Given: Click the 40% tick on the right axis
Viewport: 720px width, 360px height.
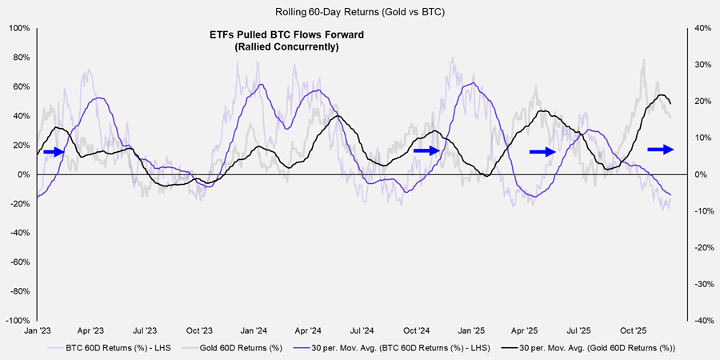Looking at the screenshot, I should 698,28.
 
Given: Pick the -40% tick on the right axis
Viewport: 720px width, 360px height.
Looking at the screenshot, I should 698,320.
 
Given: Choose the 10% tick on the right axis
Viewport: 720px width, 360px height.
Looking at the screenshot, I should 698,138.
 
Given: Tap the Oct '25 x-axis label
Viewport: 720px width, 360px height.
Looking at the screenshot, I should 633,330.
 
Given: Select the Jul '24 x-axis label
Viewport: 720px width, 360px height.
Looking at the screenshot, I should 362,330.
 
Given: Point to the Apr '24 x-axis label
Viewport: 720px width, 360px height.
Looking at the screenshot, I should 308,330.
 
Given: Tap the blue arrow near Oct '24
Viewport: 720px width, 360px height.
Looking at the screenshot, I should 426,150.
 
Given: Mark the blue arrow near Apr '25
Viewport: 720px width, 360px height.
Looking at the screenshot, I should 543,151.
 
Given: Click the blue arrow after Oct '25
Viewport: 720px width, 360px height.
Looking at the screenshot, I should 661,149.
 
